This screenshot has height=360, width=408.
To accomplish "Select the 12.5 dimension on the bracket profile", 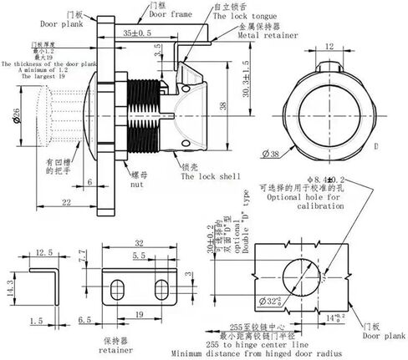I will click(45, 254).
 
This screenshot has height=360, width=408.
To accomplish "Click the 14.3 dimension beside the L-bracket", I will click(8, 288).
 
